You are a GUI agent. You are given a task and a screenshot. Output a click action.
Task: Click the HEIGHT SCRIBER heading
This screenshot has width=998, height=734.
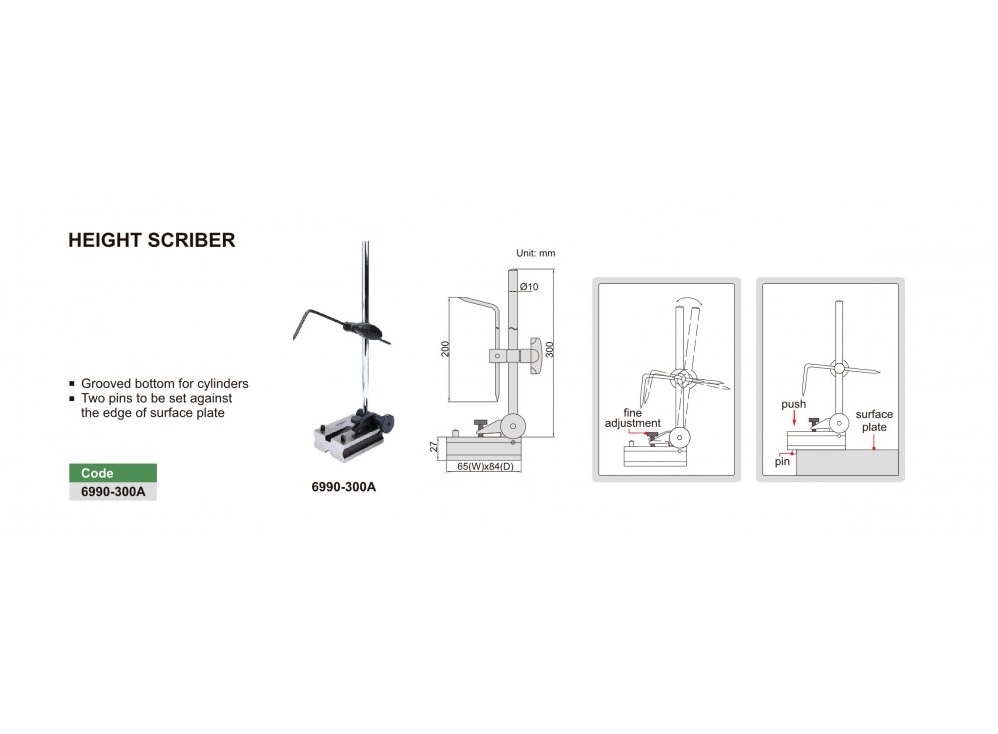pyautogui.click(x=151, y=241)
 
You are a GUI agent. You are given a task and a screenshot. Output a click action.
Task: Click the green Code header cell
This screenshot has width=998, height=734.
pyautogui.click(x=113, y=473)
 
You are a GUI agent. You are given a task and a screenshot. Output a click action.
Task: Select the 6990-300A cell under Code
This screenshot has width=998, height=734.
pyautogui.click(x=113, y=491)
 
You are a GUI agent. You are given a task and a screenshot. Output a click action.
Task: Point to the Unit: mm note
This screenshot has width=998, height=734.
pyautogui.click(x=535, y=254)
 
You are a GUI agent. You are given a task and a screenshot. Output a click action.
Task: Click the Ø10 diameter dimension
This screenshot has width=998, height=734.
pyautogui.click(x=529, y=287)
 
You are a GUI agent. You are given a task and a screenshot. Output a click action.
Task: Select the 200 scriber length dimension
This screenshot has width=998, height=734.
pyautogui.click(x=445, y=349)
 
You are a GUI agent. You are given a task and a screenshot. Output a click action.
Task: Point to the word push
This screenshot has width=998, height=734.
pyautogui.click(x=794, y=406)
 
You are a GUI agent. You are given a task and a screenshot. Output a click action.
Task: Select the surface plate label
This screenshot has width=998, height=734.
pyautogui.click(x=874, y=420)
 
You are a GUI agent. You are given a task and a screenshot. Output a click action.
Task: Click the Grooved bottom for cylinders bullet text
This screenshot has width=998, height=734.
pyautogui.click(x=165, y=383)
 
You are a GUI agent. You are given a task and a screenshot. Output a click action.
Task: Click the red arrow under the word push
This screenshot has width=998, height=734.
pyautogui.click(x=794, y=420)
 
